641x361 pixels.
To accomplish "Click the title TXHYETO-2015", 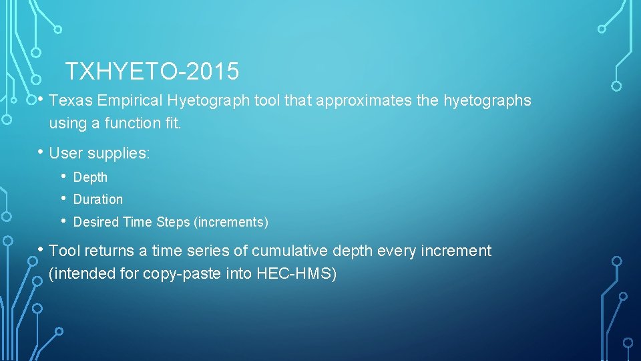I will tap(152, 70).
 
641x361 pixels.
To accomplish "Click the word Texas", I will tap(71, 101).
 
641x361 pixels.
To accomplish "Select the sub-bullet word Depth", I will tap(90, 177).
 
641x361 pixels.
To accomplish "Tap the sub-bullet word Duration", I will tap(98, 199).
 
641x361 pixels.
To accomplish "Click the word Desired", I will tap(95, 221).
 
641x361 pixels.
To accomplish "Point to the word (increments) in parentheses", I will tap(231, 221).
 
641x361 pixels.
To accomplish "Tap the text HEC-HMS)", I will tap(296, 274).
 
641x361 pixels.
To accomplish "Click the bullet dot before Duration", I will tap(63, 199).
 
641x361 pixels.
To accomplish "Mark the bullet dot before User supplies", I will tap(40, 152).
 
